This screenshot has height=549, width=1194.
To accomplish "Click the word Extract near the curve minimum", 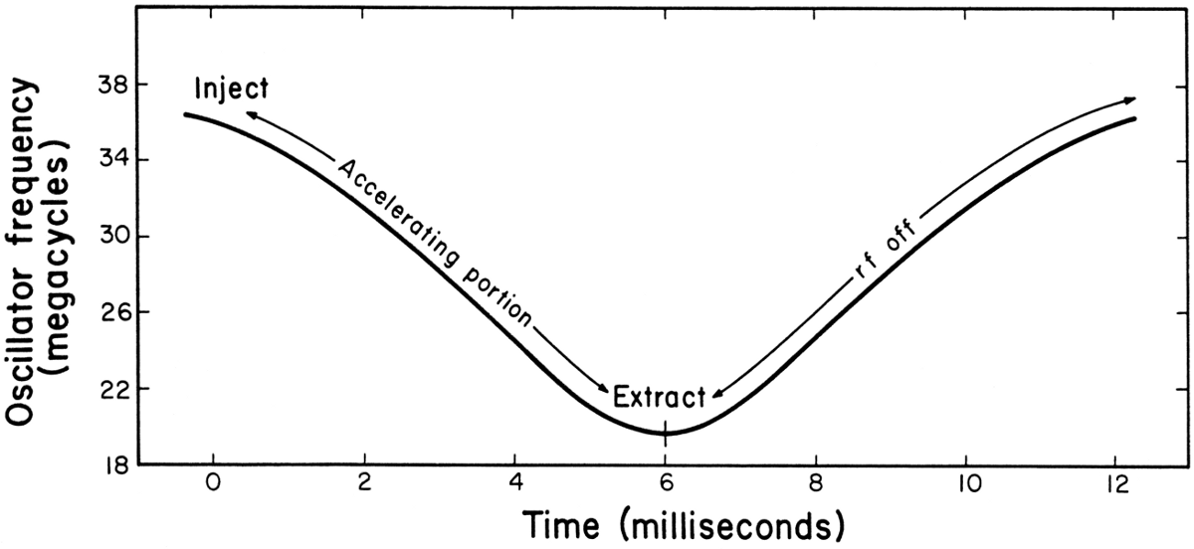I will pyautogui.click(x=659, y=396).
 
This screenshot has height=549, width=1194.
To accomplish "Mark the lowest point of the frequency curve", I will pyautogui.click(x=665, y=434).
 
